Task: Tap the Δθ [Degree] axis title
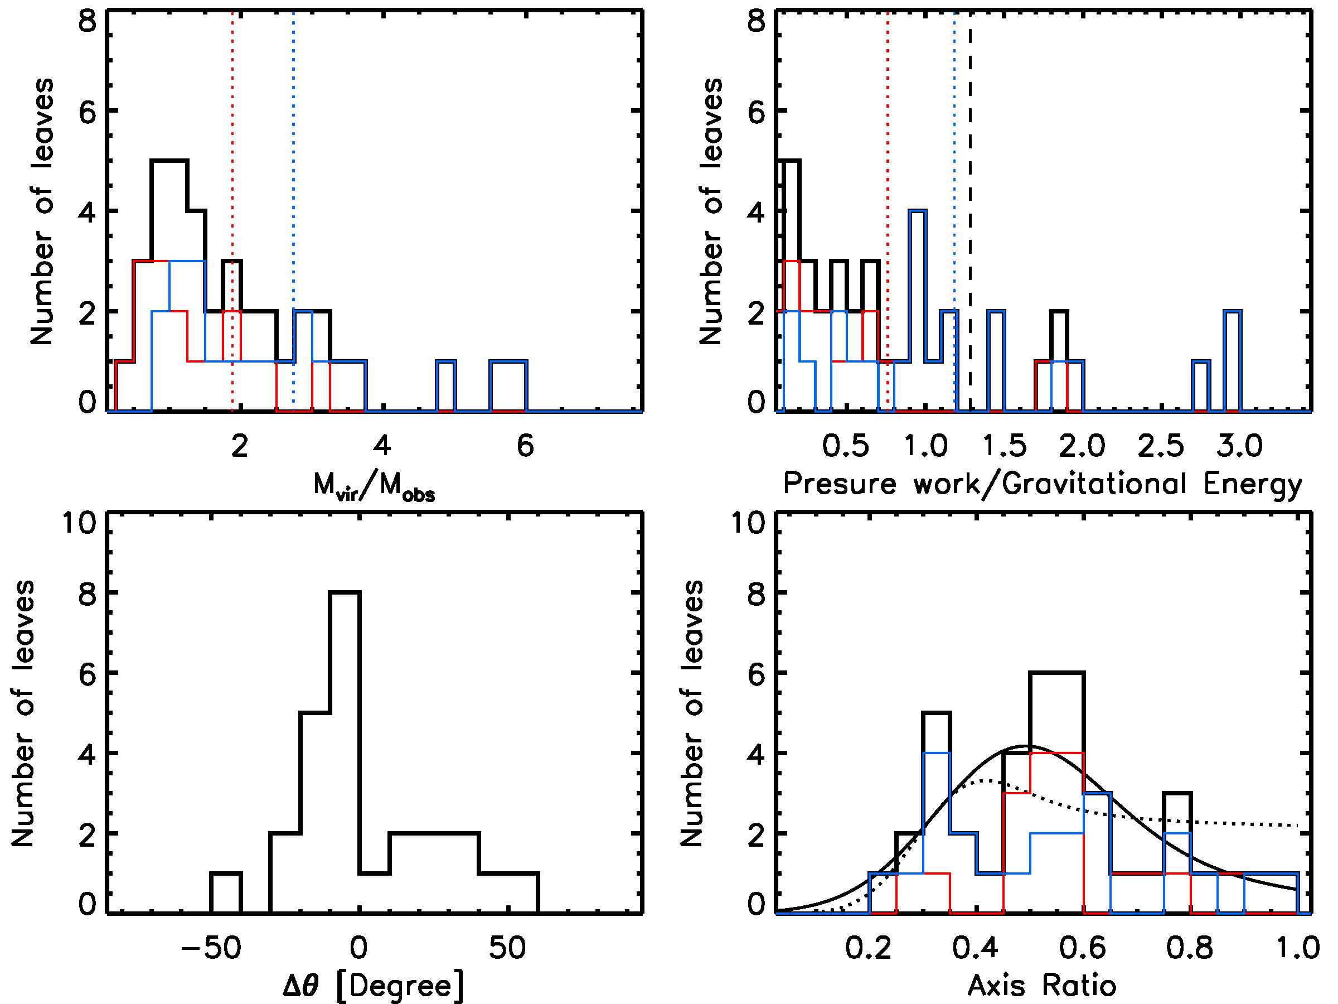(x=373, y=985)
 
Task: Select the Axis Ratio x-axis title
(x=1041, y=985)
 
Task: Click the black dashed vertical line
(x=969, y=181)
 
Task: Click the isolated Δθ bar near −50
(x=226, y=892)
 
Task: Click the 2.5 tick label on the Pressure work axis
(x=1160, y=447)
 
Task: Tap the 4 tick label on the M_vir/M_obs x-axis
(x=382, y=447)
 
